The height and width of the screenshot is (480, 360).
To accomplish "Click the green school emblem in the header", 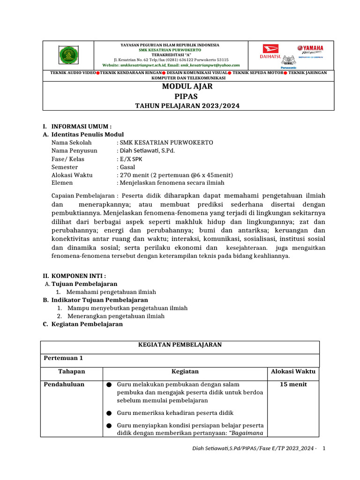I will pos(68,56).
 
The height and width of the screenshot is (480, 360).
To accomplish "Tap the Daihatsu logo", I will pos(270,52).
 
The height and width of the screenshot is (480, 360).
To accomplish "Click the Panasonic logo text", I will pos(288,67).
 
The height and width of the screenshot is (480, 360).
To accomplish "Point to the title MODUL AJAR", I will pos(187,87).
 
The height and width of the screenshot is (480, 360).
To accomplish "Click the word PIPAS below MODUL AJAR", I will pos(187,96).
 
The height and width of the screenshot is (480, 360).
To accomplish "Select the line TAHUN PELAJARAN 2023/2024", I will pos(187,106).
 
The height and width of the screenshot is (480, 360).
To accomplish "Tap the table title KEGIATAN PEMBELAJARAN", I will pos(180,345).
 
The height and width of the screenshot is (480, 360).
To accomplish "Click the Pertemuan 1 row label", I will pos(63,358).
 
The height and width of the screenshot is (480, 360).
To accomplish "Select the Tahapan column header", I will pos(71,371).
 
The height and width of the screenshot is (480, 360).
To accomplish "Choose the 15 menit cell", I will pos(293,384).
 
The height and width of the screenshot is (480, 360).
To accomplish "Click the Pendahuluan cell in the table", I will pos(64,384).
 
